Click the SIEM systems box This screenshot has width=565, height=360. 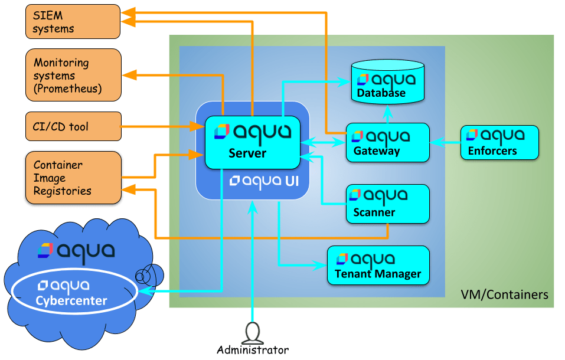click(x=73, y=21)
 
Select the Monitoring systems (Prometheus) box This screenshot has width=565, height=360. click(x=73, y=75)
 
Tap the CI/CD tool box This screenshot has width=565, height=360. click(x=73, y=126)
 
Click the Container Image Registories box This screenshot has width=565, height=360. click(x=73, y=178)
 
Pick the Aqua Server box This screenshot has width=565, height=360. click(x=252, y=142)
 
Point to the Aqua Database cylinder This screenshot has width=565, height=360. click(x=388, y=83)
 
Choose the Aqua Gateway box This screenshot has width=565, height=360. click(x=387, y=142)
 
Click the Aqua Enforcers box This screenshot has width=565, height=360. click(x=499, y=142)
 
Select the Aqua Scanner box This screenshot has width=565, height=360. click(x=387, y=204)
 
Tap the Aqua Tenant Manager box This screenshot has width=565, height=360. click(x=378, y=266)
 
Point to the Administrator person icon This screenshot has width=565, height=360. click(x=252, y=332)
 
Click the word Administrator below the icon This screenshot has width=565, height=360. click(x=253, y=350)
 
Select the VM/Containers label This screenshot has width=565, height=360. click(x=504, y=294)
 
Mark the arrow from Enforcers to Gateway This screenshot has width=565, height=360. click(x=445, y=142)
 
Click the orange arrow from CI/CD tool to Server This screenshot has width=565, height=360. click(x=159, y=126)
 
